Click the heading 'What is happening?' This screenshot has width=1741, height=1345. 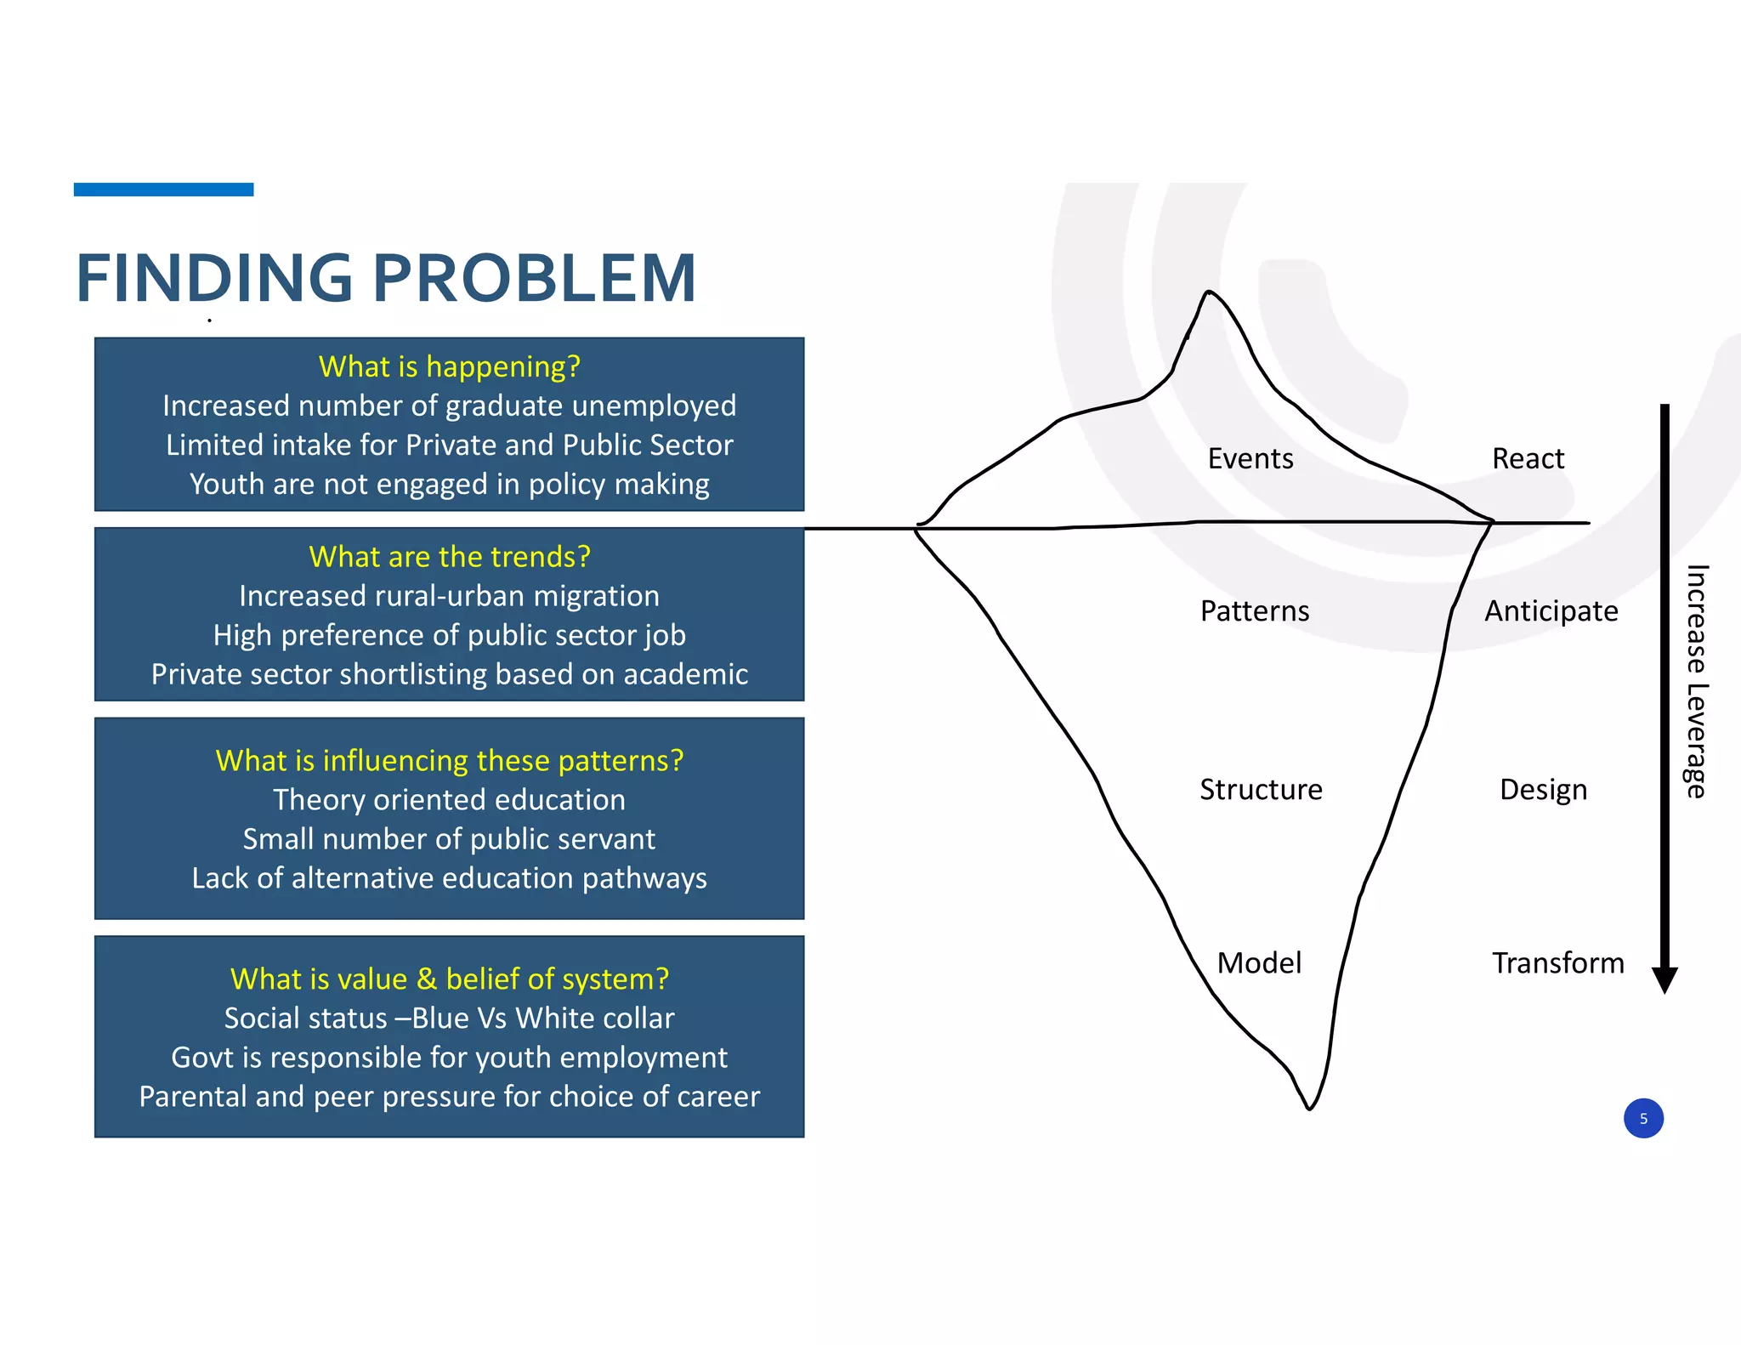[449, 366]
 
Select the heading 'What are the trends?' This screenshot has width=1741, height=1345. [449, 557]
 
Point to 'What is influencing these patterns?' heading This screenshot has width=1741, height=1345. [449, 760]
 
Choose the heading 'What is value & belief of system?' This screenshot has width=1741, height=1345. [449, 979]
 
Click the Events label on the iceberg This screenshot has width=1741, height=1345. [1250, 459]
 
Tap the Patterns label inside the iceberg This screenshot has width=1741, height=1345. [1254, 611]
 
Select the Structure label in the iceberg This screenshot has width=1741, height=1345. [1260, 790]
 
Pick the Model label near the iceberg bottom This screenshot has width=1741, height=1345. [1258, 963]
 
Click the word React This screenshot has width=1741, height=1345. [1528, 459]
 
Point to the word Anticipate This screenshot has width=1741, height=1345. [1551, 611]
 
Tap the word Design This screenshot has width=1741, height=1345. [1543, 790]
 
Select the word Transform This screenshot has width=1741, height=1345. [1557, 963]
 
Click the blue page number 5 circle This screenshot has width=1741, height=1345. [1642, 1118]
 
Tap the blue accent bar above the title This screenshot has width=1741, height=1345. [163, 190]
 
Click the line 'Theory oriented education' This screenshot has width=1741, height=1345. [449, 800]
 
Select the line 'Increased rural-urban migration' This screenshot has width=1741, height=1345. [449, 596]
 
